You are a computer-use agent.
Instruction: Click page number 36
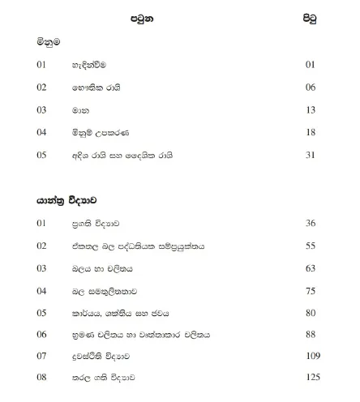(x=310, y=222)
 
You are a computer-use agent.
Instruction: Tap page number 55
(x=310, y=245)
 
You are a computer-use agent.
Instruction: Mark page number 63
(x=310, y=267)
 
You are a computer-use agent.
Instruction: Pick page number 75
(x=310, y=290)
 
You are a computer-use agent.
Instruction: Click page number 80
(x=310, y=312)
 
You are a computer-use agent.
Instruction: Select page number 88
(x=310, y=335)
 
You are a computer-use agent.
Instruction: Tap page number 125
(x=308, y=378)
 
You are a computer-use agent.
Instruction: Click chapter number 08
(x=41, y=378)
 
